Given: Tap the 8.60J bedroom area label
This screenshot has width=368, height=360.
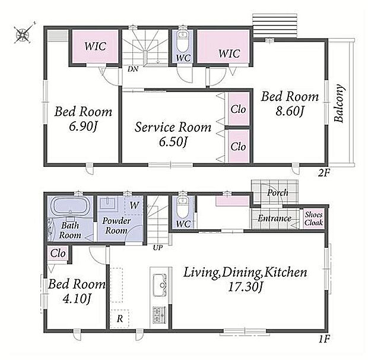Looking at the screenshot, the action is [290, 111].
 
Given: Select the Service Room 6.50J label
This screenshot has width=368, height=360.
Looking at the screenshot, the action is [173, 134].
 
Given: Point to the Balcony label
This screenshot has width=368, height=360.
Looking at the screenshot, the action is [339, 103].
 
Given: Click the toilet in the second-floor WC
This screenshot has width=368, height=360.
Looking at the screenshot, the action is [182, 42].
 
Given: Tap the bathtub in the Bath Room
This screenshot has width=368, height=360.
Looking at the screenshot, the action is [71, 206].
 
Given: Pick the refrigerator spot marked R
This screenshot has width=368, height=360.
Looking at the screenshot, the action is [120, 318].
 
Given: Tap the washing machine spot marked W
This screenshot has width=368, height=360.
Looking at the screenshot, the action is [134, 205].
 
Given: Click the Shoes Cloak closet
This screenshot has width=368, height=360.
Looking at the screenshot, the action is [313, 219].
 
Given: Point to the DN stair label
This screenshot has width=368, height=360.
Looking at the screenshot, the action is [133, 69].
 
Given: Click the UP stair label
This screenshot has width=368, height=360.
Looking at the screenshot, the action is [158, 248].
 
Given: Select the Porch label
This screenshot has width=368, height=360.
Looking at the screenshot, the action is [278, 193].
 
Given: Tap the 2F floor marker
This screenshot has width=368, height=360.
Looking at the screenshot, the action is [324, 173].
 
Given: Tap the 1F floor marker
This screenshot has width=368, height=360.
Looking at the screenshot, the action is [325, 339].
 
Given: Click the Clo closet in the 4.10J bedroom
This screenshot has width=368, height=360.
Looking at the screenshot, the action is [58, 253].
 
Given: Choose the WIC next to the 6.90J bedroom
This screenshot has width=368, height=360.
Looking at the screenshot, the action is [95, 46].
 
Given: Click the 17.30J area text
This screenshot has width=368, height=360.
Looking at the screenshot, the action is [245, 287].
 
